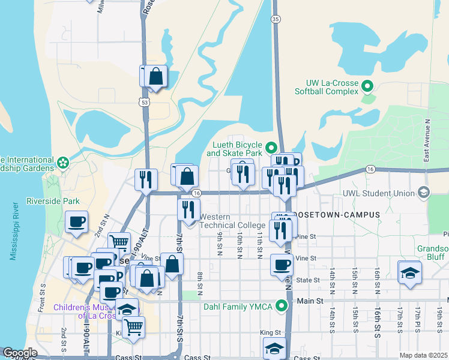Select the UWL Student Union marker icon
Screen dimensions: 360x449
tap(425, 193)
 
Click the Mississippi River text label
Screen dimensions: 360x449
tap(13, 231)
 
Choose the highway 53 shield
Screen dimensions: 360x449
tap(144, 103)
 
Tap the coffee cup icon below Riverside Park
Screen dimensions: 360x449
tap(77, 222)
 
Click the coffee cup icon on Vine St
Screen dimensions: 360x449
tap(282, 265)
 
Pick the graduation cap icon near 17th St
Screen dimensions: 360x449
tap(410, 272)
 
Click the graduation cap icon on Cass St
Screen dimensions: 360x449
tap(274, 348)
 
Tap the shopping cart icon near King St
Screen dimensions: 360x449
tap(134, 327)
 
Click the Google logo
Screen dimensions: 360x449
tap(20, 353)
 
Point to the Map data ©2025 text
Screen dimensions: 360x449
tap(423, 355)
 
